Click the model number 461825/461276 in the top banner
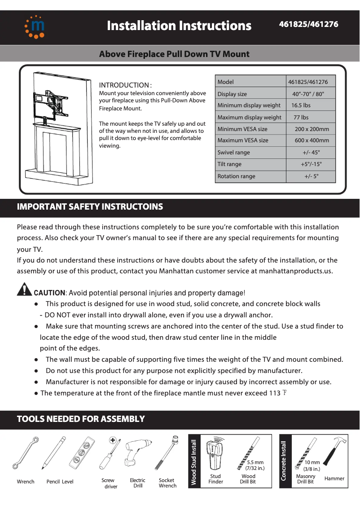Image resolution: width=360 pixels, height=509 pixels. point(308,24)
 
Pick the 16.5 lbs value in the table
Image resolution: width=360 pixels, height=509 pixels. point(301,105)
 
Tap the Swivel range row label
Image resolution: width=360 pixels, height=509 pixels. point(233,153)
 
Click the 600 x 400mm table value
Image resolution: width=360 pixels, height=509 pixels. point(312,140)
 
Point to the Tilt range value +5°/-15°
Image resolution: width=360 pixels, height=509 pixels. point(311,164)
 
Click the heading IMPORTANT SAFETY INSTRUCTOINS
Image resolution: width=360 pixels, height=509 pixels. point(90,207)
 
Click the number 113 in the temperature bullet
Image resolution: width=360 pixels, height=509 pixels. point(274,394)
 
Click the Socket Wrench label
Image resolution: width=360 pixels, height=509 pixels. point(167,483)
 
